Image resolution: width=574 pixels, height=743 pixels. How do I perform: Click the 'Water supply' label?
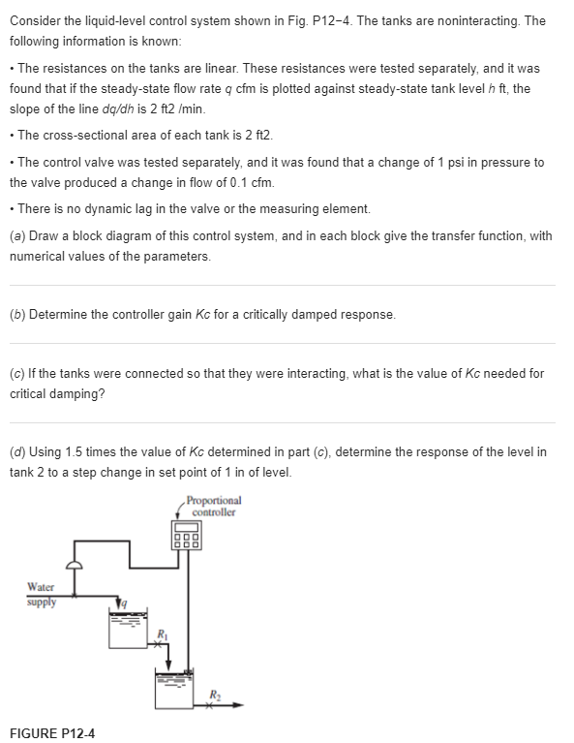point(42,594)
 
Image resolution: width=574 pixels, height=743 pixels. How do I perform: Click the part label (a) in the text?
point(17,235)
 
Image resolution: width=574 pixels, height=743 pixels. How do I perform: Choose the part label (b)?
point(17,314)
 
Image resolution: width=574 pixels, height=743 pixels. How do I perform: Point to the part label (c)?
point(17,373)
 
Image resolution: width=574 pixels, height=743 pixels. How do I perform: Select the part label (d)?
point(17,451)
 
